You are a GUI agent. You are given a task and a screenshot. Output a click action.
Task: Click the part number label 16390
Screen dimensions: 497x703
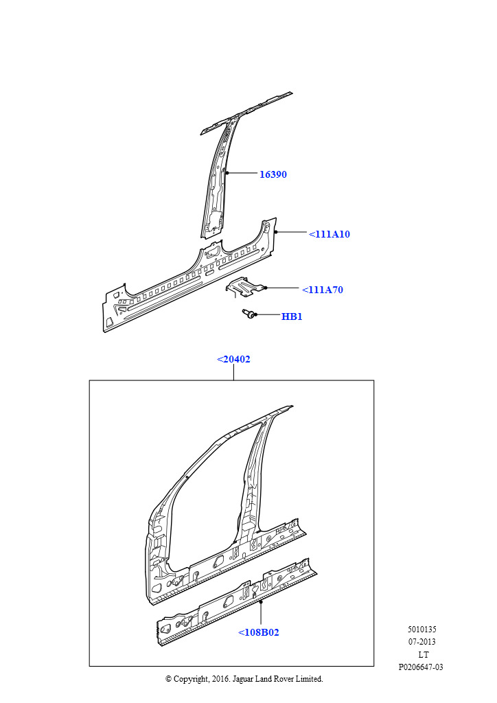point(273,174)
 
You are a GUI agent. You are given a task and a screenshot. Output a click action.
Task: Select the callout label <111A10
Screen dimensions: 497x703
point(330,234)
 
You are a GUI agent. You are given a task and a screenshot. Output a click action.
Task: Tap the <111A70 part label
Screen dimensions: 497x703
point(323,290)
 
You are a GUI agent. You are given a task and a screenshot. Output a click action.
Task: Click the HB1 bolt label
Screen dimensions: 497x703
point(292,316)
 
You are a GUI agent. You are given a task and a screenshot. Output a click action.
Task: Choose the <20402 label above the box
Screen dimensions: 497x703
point(233,359)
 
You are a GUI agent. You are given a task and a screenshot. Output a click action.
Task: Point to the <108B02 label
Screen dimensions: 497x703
point(259,632)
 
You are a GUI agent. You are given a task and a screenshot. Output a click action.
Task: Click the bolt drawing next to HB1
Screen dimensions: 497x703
point(248,314)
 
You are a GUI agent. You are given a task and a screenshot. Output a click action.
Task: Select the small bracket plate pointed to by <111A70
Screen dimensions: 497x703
point(244,287)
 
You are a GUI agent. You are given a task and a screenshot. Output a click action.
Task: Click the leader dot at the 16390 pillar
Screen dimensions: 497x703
point(227,172)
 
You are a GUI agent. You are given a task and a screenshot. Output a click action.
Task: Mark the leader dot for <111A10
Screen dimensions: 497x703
point(277,232)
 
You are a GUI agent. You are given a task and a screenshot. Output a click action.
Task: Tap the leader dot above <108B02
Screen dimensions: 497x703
point(261,602)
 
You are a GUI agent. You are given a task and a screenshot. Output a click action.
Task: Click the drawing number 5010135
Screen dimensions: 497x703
point(421,630)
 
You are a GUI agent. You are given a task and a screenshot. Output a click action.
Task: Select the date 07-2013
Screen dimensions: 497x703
point(421,642)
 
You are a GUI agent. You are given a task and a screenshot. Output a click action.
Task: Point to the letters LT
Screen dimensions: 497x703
point(423,654)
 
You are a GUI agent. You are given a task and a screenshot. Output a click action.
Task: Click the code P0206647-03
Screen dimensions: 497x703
point(421,667)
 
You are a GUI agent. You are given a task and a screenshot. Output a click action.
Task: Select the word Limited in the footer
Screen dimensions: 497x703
point(309,679)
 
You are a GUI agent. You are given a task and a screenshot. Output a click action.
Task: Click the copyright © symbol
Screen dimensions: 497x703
point(168,679)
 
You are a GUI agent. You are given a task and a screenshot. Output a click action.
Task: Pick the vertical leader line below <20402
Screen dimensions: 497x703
point(233,373)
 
